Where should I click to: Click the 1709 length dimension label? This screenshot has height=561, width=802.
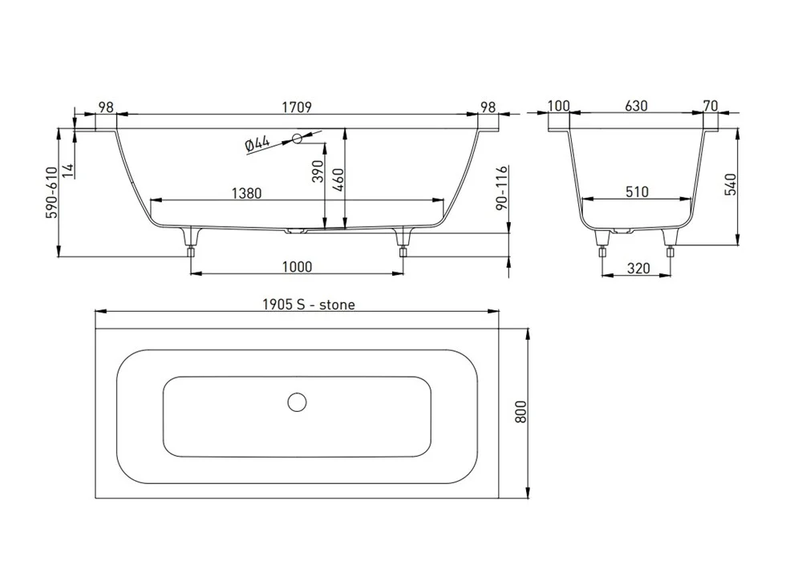click(x=297, y=107)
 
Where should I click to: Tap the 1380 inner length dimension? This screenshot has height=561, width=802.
click(x=246, y=193)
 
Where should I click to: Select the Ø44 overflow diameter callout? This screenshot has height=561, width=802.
click(x=257, y=143)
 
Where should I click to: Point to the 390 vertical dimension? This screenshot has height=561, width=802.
click(x=318, y=172)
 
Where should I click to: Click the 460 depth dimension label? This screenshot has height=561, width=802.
click(x=338, y=179)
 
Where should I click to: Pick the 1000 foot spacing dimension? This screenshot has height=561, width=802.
click(x=297, y=267)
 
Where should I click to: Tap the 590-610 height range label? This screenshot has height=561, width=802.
click(x=52, y=192)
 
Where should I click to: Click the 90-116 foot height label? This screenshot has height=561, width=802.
click(x=502, y=187)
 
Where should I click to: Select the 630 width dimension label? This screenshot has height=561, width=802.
click(x=636, y=106)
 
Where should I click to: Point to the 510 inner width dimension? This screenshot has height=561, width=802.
click(x=637, y=192)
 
